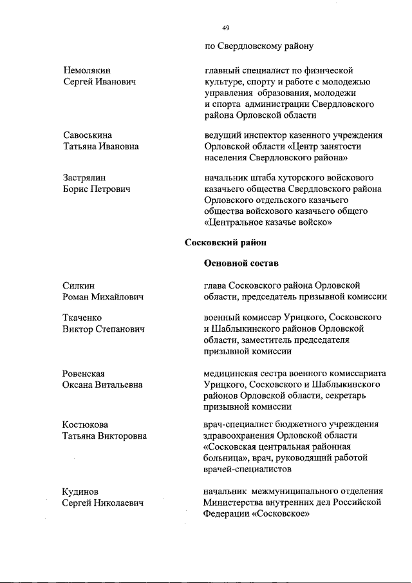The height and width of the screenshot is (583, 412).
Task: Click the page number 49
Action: [x=226, y=28]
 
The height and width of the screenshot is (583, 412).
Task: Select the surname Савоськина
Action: [x=88, y=135]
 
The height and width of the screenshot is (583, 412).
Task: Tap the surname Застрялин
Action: [x=84, y=178]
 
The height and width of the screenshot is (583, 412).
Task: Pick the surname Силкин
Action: [x=78, y=285]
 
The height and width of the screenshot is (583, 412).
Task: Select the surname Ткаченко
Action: [x=82, y=318]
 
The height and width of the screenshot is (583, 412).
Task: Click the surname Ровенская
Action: [x=84, y=374]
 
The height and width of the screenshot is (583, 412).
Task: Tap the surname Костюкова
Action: [x=85, y=425]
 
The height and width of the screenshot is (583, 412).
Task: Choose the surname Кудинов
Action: [x=80, y=492]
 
